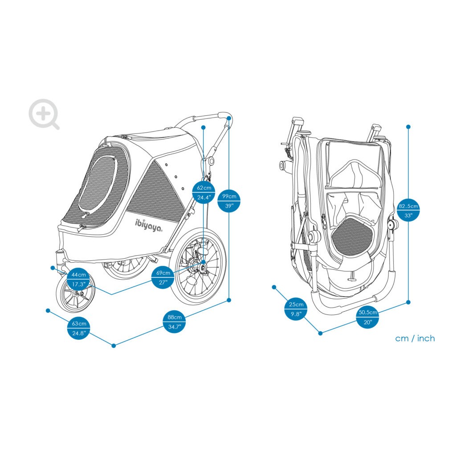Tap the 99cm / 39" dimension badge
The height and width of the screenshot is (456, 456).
[x=229, y=201]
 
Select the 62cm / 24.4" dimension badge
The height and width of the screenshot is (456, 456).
[x=204, y=192]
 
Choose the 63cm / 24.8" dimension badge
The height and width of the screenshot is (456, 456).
[x=78, y=328]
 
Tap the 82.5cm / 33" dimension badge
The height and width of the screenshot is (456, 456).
[x=408, y=211]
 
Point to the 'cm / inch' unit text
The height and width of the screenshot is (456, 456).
[x=415, y=338]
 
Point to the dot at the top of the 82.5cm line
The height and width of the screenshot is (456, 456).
[x=408, y=127]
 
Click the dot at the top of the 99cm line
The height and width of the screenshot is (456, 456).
[x=229, y=118]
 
